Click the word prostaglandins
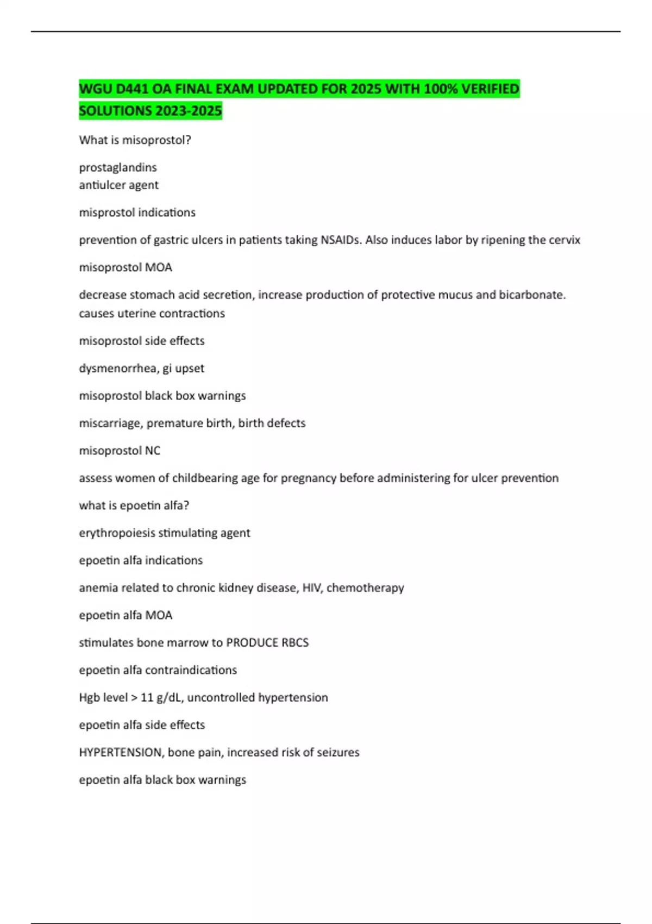pos(118,167)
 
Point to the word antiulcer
pos(102,185)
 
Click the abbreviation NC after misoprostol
pos(153,451)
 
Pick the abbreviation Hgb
pos(89,698)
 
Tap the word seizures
pos(339,753)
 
